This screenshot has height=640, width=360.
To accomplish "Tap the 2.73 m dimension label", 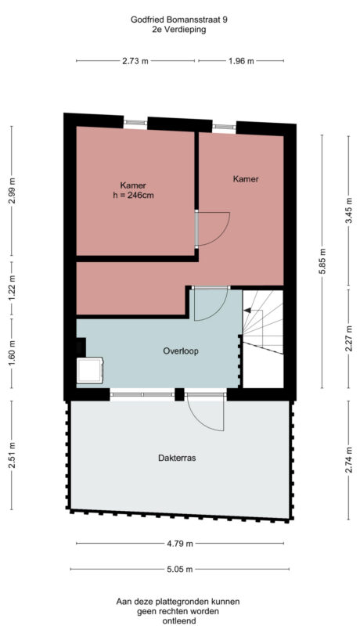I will (x=135, y=61).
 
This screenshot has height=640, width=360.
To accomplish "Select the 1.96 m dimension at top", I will (x=240, y=61).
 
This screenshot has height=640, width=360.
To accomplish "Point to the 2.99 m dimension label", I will (x=12, y=190).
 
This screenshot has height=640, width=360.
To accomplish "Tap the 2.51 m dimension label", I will (x=12, y=458).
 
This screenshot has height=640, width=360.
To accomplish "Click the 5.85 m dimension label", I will (x=321, y=258).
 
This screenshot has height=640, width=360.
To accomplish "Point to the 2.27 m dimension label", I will (x=348, y=338).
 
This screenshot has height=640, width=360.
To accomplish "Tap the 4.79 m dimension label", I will (x=181, y=543).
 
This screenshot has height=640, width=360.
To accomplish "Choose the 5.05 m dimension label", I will (x=181, y=570).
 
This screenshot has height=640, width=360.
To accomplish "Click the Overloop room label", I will (x=181, y=351).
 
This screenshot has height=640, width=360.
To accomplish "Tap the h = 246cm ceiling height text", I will (x=132, y=196).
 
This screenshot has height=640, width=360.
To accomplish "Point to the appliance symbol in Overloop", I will (x=90, y=369).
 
